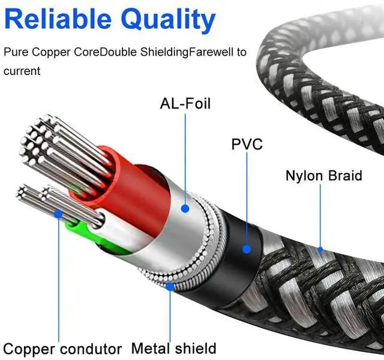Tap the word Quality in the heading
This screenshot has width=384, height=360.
[x=169, y=22]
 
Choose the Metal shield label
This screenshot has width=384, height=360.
[x=173, y=347]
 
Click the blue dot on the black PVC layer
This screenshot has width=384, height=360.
[x=246, y=248]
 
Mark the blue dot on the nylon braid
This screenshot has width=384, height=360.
[x=319, y=248]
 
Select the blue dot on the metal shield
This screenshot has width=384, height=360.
[x=171, y=287]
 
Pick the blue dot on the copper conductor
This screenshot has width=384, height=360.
[x=58, y=213]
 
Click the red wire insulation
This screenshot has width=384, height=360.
[x=114, y=180]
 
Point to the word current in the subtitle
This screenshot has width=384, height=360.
[x=22, y=71]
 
